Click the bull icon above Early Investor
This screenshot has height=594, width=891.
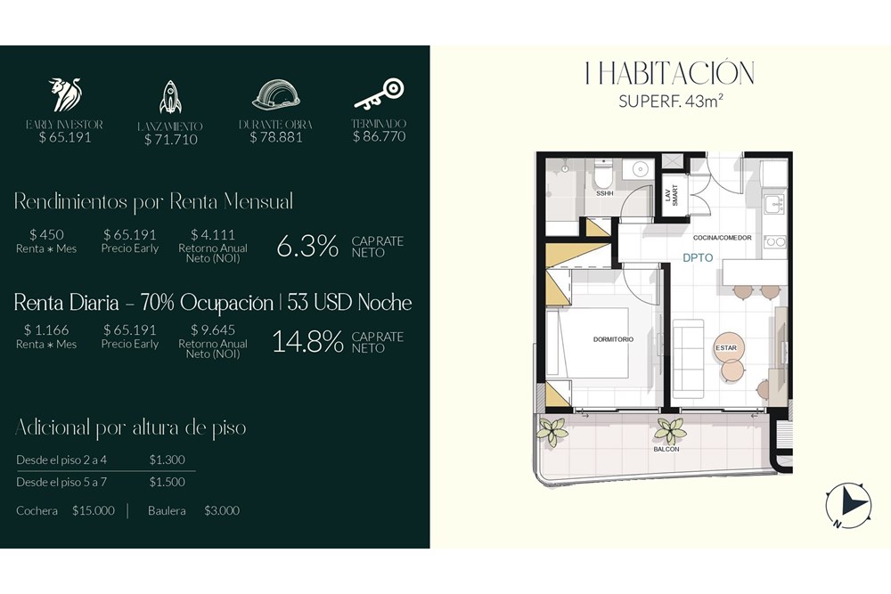(x=65, y=94)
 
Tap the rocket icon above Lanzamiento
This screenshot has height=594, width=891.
(x=170, y=97)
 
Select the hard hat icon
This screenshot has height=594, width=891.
(x=276, y=94)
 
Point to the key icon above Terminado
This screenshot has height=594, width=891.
(x=379, y=94)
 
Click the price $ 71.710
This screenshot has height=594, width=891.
(x=170, y=140)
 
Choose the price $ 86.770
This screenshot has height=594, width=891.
(x=379, y=136)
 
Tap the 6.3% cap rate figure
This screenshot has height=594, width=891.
(x=307, y=247)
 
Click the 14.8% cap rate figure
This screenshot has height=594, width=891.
(x=308, y=342)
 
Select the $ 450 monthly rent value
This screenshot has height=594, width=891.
(x=46, y=234)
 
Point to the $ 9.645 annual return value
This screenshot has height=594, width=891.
(x=213, y=330)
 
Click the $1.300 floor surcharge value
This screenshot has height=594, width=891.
(x=168, y=460)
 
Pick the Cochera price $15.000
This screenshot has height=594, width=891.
(x=94, y=510)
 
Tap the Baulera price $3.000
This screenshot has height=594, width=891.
(x=222, y=510)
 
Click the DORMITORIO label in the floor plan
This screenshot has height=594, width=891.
(x=613, y=339)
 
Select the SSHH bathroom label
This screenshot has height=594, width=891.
(x=605, y=193)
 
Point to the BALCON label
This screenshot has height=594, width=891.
(x=666, y=449)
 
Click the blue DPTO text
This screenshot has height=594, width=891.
(x=698, y=258)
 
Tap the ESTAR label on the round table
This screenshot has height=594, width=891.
(x=726, y=348)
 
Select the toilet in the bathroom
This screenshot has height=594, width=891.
(x=603, y=175)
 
